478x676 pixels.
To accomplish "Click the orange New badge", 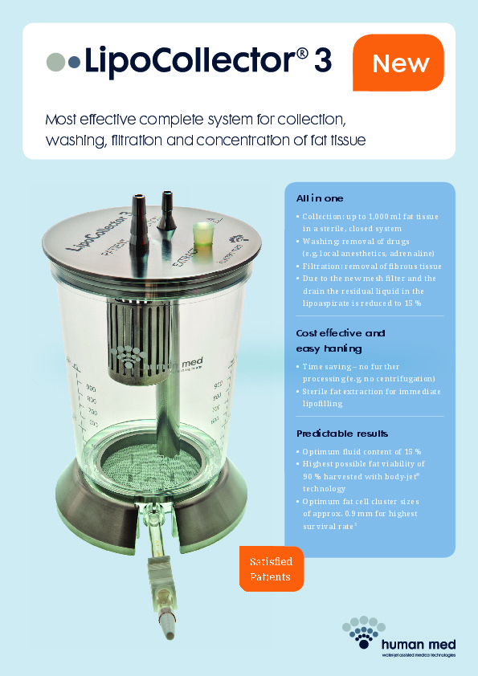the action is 398,63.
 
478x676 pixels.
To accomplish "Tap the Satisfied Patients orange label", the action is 272,568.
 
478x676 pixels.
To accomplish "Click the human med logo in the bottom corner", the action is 398,637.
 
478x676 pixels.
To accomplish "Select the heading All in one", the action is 320,198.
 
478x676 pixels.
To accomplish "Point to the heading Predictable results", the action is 342,434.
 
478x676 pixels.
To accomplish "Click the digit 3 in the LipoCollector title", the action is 323,61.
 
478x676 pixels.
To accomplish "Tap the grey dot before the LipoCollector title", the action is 55,62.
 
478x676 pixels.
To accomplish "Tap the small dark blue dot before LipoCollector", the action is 74,62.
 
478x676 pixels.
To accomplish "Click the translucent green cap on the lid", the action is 202,234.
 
